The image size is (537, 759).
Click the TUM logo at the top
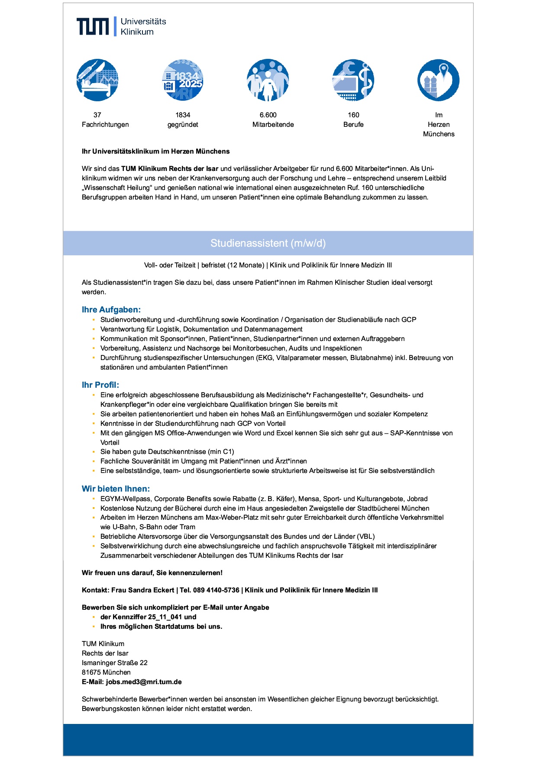[x=93, y=26]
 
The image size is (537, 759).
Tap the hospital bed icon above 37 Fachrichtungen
[x=97, y=80]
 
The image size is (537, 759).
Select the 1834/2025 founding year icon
[x=183, y=80]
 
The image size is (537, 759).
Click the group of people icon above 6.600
[x=268, y=80]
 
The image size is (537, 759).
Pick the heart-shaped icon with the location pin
[x=438, y=80]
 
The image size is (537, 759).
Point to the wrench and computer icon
[x=353, y=80]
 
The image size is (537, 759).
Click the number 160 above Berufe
[x=353, y=115]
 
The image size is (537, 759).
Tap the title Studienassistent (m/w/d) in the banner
[x=268, y=243]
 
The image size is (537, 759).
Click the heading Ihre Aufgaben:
[x=111, y=310]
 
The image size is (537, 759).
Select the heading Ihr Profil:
[x=100, y=385]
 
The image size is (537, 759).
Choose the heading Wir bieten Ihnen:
[x=116, y=489]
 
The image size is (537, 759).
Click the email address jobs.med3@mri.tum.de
[x=144, y=682]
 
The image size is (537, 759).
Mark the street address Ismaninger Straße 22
[x=115, y=663]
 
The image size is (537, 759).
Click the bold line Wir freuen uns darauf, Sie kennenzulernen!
[x=152, y=573]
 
